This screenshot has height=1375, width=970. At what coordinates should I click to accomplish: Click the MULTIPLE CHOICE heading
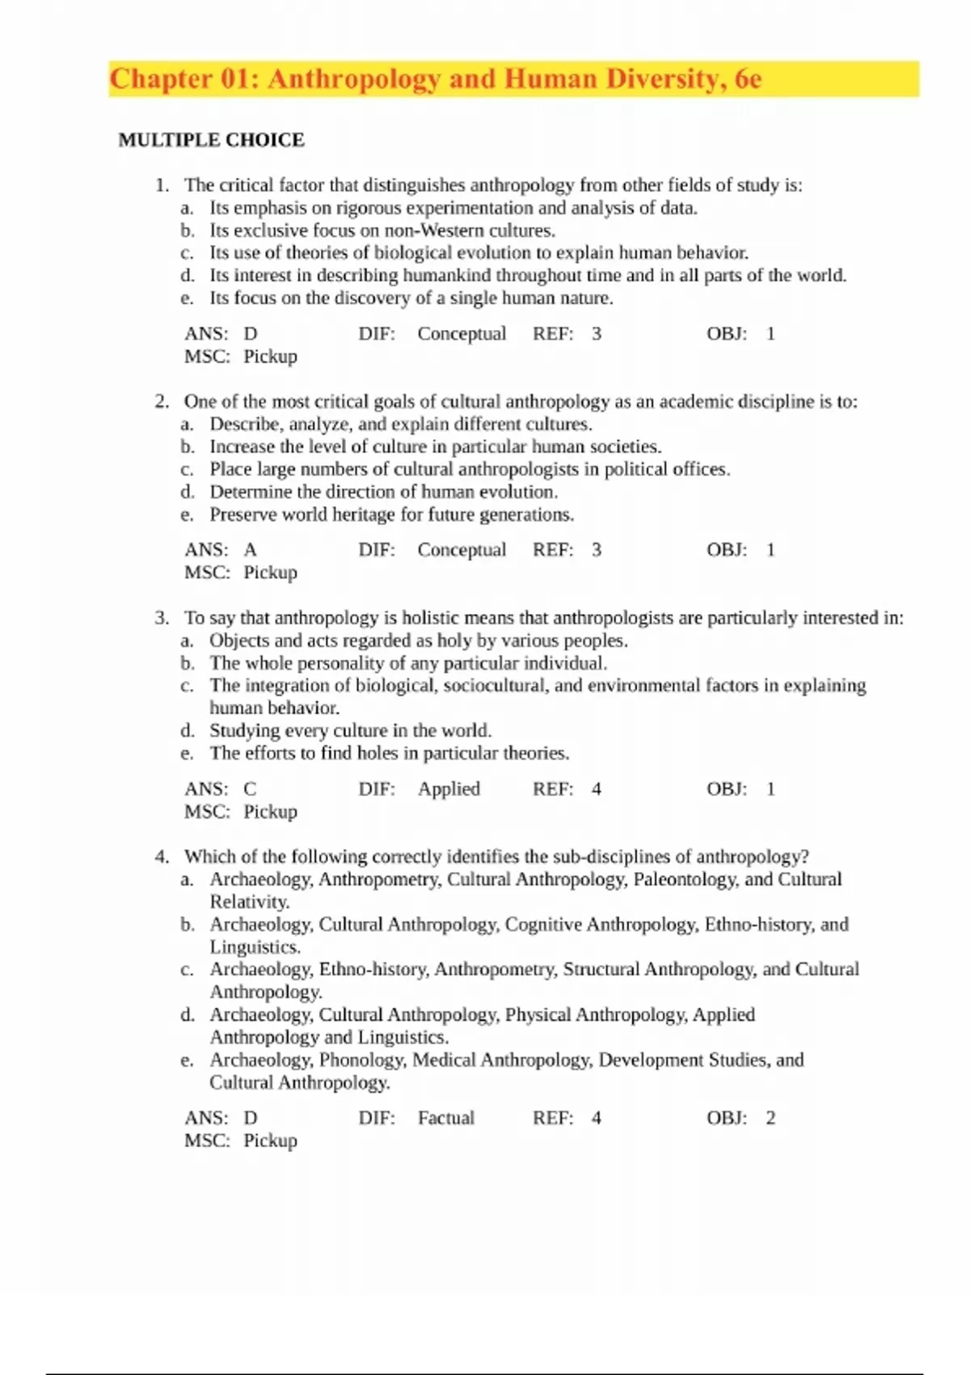coord(211,140)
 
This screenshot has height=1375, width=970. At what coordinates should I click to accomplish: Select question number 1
coord(161,185)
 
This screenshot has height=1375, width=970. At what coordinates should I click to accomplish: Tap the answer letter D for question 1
coord(251,334)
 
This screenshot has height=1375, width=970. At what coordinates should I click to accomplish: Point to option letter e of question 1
coord(187,298)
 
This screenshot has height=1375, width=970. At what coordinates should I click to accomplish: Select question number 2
coord(161,402)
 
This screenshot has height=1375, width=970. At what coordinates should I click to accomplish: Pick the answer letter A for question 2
coord(251,550)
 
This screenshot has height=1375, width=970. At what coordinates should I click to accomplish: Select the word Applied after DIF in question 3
coord(449,789)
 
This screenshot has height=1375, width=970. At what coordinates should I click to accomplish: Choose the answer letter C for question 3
coord(250,789)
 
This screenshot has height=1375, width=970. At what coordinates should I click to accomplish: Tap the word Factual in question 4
coord(445,1119)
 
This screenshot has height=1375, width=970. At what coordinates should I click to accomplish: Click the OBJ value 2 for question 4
coord(770,1119)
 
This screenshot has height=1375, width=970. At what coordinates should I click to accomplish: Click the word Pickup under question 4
coord(270,1141)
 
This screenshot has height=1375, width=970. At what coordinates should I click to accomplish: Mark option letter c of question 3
coord(187,686)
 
